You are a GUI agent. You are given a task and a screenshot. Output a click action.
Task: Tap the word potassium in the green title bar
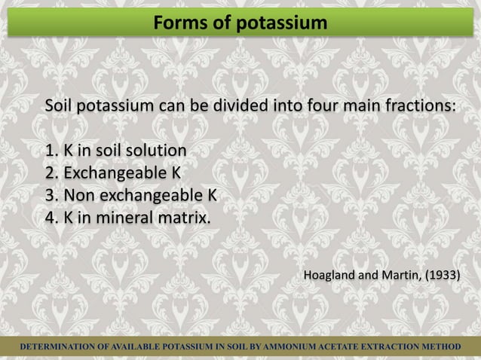pos(283,23)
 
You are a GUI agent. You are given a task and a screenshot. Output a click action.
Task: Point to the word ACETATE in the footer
pos(345,346)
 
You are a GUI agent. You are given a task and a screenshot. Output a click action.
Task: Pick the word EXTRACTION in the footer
pos(401,346)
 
